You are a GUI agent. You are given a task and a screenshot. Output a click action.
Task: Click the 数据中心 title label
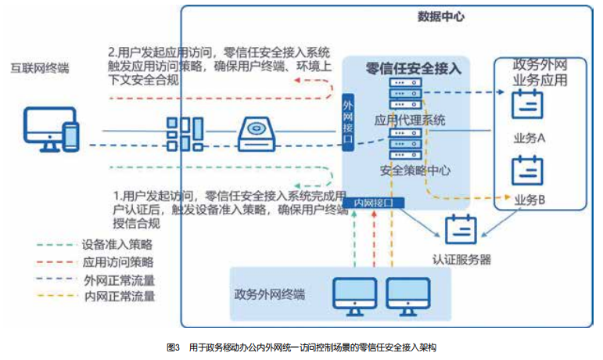(x=440, y=16)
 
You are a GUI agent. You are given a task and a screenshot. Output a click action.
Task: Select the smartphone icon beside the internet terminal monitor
(x=70, y=135)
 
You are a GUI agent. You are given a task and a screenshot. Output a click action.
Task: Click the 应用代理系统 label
(x=411, y=121)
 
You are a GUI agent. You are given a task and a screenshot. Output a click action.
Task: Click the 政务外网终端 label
(x=269, y=294)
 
